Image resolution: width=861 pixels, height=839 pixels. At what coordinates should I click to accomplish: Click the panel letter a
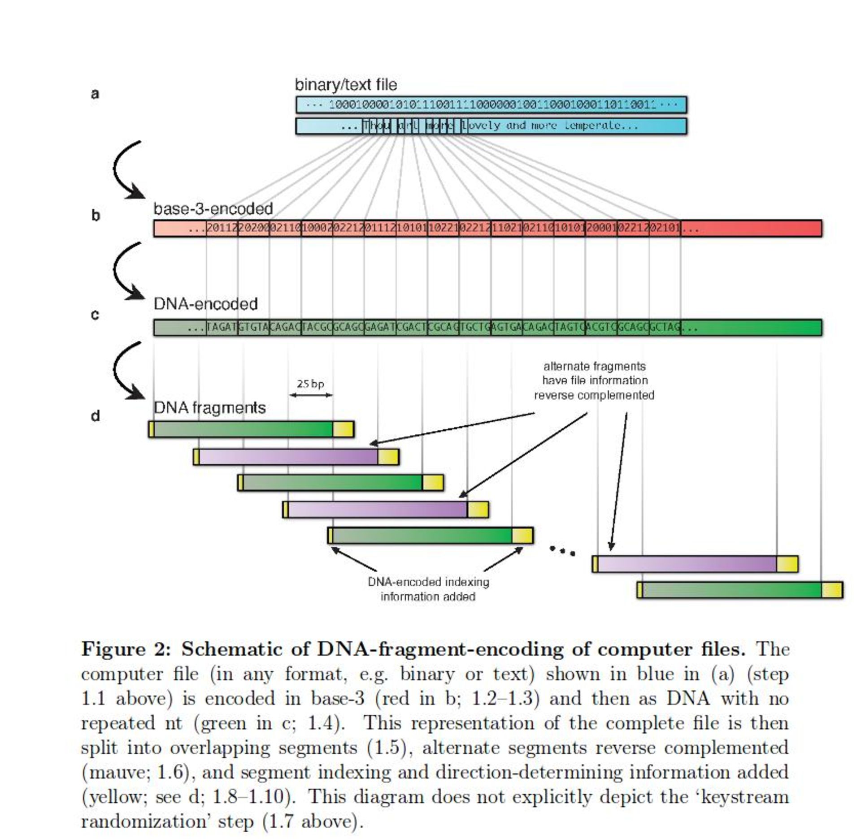[95, 94]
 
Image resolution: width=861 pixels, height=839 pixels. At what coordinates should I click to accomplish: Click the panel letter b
[96, 216]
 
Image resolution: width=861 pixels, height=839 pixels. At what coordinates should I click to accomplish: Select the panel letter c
[95, 315]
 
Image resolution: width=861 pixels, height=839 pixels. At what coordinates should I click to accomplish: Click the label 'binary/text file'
[346, 85]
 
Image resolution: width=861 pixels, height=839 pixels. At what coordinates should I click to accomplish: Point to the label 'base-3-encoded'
[213, 209]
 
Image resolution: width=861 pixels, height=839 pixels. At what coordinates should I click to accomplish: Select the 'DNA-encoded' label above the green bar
[205, 304]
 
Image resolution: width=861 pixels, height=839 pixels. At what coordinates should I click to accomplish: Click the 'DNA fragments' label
[209, 408]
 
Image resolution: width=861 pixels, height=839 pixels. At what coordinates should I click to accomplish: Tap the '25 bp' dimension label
[310, 384]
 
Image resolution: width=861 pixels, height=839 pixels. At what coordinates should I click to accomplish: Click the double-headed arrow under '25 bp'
[311, 395]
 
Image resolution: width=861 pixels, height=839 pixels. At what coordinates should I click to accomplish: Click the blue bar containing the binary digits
[491, 105]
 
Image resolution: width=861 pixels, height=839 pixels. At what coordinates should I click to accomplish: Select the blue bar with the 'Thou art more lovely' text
[491, 126]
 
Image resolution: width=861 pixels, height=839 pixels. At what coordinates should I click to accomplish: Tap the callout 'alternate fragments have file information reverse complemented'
[594, 381]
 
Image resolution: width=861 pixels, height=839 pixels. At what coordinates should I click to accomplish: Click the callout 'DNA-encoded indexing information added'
[428, 589]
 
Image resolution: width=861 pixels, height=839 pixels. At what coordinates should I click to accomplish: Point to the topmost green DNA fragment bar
[251, 429]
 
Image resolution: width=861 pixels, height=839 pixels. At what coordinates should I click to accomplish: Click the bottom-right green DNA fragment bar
[740, 590]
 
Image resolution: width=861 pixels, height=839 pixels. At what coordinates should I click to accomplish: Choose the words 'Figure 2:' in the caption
[126, 649]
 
